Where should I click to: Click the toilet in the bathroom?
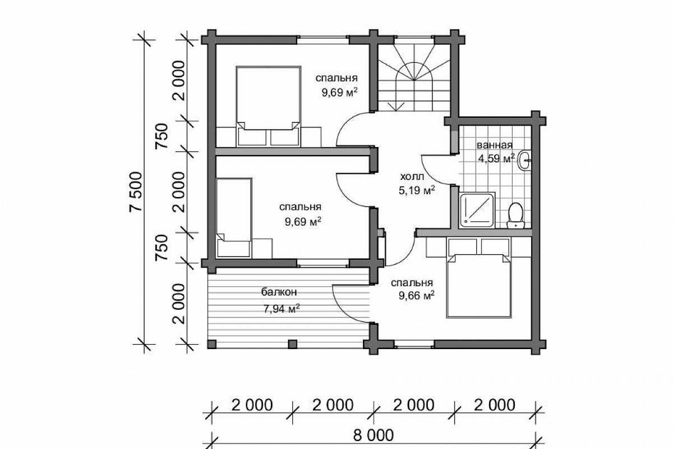click(x=515, y=216)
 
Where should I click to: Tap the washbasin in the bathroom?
click(x=524, y=161)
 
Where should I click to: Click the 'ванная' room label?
click(x=495, y=145)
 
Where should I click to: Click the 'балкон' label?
click(x=279, y=292)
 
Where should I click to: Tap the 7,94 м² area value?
click(x=282, y=308)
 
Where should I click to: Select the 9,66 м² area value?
click(x=416, y=296)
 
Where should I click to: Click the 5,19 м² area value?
click(x=417, y=190)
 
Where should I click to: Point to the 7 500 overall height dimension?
click(x=136, y=192)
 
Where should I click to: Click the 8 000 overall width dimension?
click(x=373, y=435)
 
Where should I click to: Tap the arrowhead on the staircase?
click(x=396, y=107)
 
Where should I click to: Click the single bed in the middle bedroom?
click(x=234, y=218)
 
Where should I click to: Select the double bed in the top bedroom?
click(x=268, y=107)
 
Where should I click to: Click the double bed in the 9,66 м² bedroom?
click(x=478, y=277)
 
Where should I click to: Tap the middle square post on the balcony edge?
click(x=292, y=344)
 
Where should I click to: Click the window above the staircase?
click(x=414, y=40)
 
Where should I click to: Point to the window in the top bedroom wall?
click(x=323, y=40)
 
